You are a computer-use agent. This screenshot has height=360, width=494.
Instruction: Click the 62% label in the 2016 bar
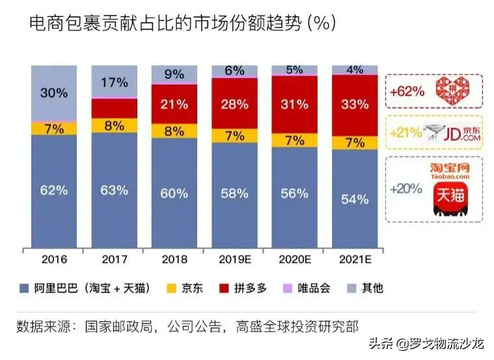pyautogui.click(x=53, y=191)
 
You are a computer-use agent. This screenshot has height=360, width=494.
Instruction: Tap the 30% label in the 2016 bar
pyautogui.click(x=53, y=93)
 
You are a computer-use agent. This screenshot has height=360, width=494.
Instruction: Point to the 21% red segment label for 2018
pyautogui.click(x=174, y=105)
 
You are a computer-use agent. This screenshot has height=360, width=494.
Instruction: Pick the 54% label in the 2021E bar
pyautogui.click(x=354, y=199)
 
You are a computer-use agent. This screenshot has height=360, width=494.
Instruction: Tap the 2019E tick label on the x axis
pyautogui.click(x=234, y=259)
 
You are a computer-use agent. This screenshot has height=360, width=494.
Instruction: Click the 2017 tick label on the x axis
pyautogui.click(x=114, y=259)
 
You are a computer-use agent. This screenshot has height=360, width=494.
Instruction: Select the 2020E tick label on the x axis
pyautogui.click(x=294, y=259)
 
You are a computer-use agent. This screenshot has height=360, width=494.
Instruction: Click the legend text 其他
pyautogui.click(x=372, y=288)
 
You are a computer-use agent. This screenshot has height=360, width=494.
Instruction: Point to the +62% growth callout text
pyautogui.click(x=409, y=91)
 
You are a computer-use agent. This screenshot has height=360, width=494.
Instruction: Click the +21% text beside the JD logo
pyautogui.click(x=405, y=133)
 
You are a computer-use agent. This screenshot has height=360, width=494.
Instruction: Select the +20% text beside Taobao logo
pyautogui.click(x=405, y=189)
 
